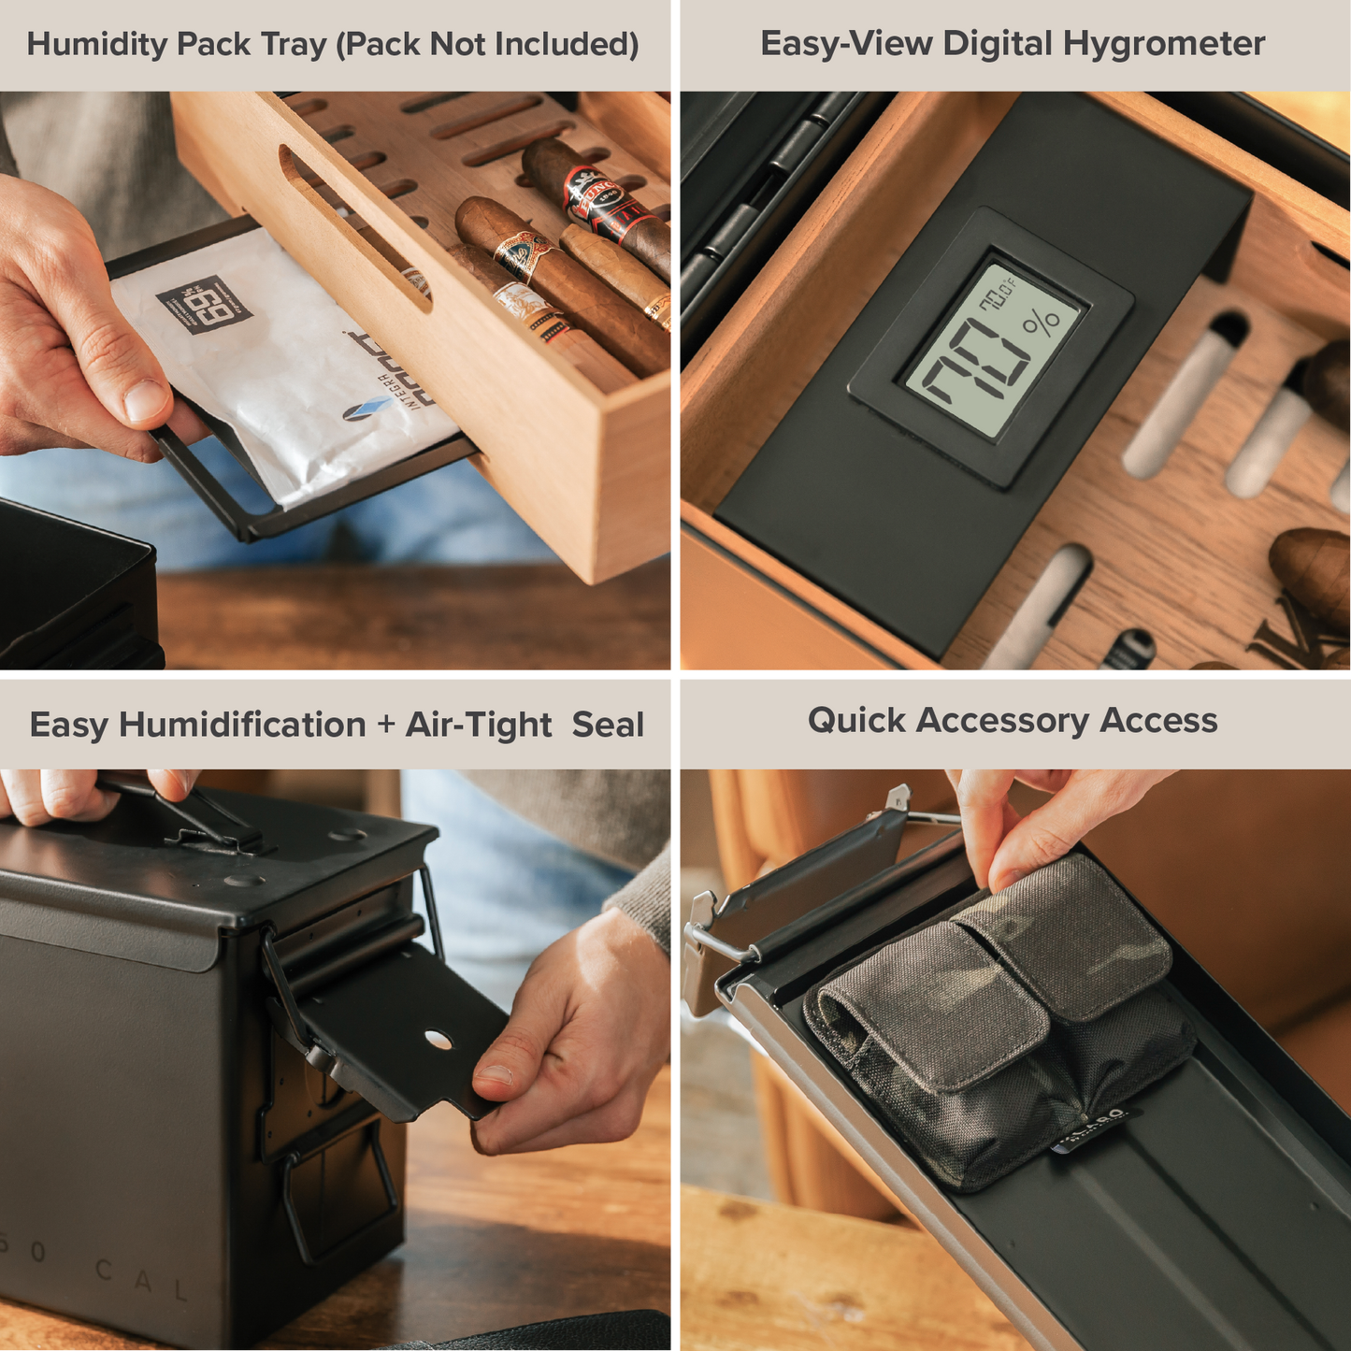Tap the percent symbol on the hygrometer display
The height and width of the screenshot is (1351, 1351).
(x=1041, y=323)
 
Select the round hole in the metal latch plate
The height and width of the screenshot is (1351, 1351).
(x=437, y=1038)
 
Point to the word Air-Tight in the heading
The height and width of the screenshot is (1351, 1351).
(x=479, y=726)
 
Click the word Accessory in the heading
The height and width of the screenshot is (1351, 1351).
(x=1002, y=721)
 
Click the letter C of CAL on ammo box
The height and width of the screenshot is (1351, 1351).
(x=105, y=1272)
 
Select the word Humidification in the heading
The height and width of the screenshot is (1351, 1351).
(x=242, y=726)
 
